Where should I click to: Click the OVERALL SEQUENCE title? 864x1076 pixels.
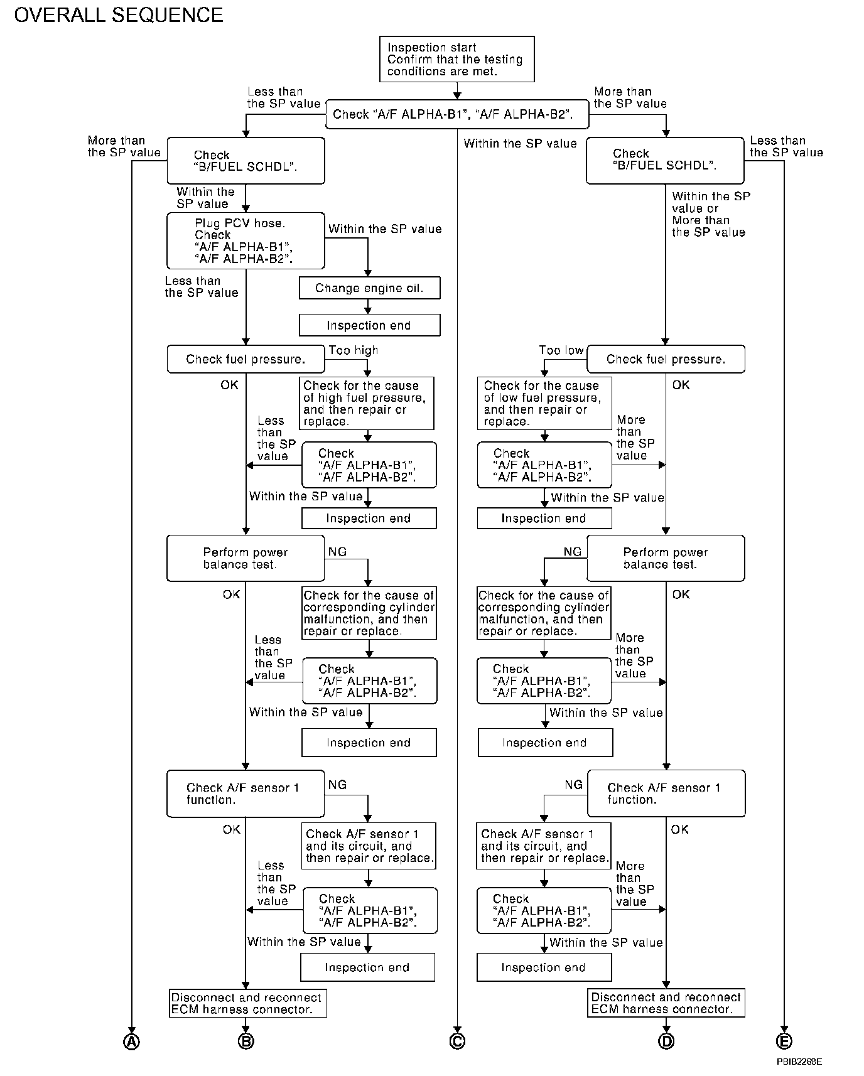click(119, 15)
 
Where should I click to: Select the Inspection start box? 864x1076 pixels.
click(456, 59)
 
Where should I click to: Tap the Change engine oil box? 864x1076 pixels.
click(369, 288)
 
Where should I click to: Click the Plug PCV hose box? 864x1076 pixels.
click(246, 240)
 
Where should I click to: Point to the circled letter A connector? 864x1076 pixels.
click(131, 1041)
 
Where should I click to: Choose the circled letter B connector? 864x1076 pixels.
click(246, 1041)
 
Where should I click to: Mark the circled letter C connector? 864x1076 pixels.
click(457, 1041)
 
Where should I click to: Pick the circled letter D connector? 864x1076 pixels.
click(666, 1041)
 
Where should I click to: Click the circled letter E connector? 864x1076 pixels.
click(784, 1041)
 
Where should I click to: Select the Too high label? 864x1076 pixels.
click(353, 350)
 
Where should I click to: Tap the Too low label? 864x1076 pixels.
click(561, 350)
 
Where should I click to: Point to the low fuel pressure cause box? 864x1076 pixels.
click(544, 403)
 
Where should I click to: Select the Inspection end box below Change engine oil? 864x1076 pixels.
click(369, 325)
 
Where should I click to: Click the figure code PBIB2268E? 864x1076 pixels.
click(799, 1062)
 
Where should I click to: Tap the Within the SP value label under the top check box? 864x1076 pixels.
click(520, 144)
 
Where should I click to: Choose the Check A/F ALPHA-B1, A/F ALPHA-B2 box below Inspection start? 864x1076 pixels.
click(457, 114)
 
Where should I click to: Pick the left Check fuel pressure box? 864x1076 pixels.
click(246, 359)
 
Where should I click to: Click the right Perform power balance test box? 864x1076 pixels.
click(666, 558)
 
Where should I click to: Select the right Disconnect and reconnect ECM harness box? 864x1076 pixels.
click(666, 1003)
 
